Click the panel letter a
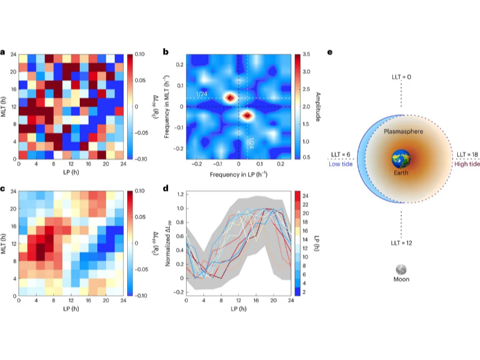(4, 52)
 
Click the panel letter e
(330, 52)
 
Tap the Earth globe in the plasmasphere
(400, 161)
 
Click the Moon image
(400, 271)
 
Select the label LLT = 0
(400, 77)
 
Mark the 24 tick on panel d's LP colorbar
(306, 196)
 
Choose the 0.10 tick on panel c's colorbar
(137, 191)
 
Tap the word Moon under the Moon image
(400, 280)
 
